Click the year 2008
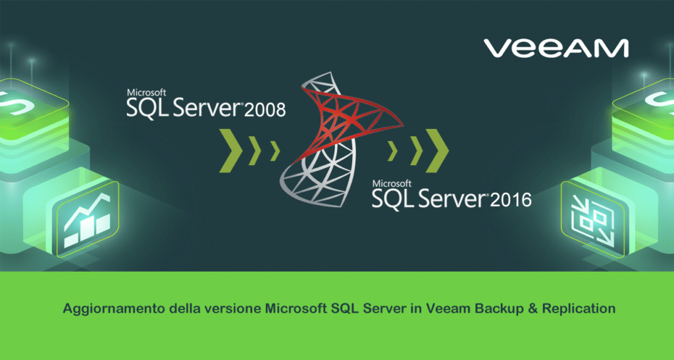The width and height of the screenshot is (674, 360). click(265, 109)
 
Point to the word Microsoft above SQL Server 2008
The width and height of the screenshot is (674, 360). click(146, 92)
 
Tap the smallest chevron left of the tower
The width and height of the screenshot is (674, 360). click(274, 151)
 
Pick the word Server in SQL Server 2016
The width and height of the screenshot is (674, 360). click(449, 198)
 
